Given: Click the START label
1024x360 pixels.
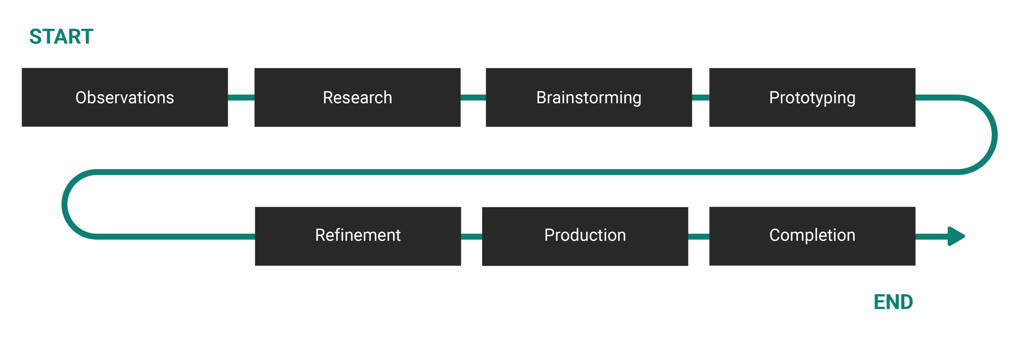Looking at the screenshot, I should tap(61, 37).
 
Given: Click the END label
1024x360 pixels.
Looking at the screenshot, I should tap(893, 302).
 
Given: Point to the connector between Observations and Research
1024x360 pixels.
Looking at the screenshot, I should tap(241, 97).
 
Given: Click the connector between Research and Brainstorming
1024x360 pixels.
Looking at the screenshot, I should tap(473, 97).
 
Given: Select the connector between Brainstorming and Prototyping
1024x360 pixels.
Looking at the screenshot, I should tap(700, 97).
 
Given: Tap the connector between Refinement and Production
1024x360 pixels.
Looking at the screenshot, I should tap(471, 237).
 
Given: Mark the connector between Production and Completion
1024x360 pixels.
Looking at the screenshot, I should tap(698, 237).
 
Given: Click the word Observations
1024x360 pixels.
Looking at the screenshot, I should tap(125, 97).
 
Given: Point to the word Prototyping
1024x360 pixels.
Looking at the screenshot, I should tap(812, 98).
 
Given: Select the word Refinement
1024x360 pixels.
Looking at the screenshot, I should tap(358, 235).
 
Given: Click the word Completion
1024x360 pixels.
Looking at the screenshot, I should tap(812, 235).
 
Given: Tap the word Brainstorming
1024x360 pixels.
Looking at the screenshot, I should tap(589, 98).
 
